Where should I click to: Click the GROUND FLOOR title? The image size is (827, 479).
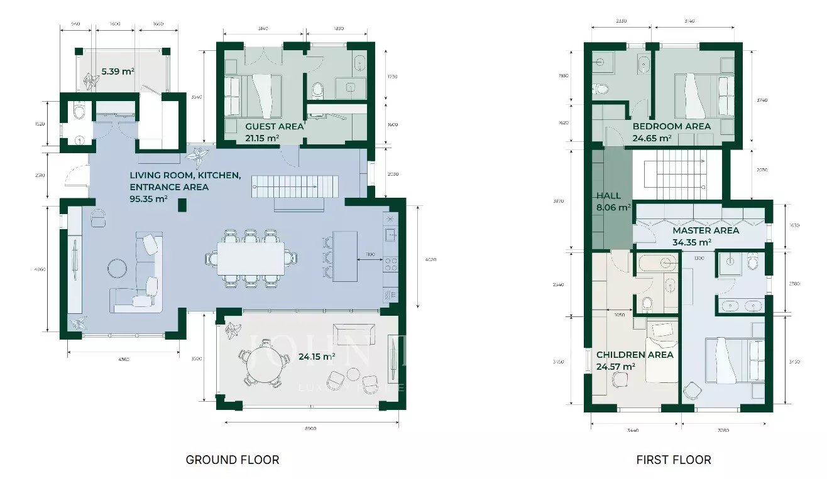tap(232, 460)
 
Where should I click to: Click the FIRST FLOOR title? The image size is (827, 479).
tap(674, 460)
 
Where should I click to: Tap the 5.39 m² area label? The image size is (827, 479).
tap(118, 71)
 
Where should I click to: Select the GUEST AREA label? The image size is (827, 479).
tap(274, 126)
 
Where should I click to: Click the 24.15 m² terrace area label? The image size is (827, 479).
tap(316, 357)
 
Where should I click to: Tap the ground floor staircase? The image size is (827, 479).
tap(295, 187)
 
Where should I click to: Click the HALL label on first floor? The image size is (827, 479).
tap(608, 196)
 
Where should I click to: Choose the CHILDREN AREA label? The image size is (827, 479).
tap(635, 355)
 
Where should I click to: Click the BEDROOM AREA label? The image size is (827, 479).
tap(671, 126)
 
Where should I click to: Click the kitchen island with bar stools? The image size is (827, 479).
tap(344, 256)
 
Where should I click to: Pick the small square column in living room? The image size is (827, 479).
tap(182, 205)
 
